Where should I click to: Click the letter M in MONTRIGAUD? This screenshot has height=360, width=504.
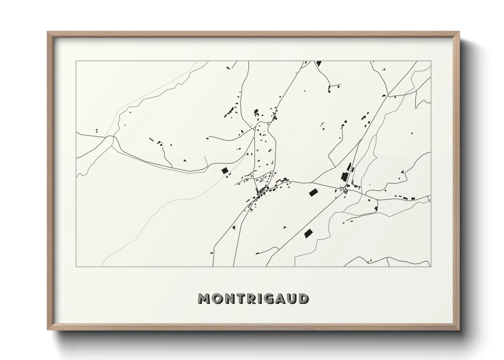[x=204, y=298]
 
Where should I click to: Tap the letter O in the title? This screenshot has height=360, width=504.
[x=217, y=298]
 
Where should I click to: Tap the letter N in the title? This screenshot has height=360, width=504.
[x=229, y=298]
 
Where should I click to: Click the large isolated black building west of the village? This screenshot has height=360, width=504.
[x=224, y=171]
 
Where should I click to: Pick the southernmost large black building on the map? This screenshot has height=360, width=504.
[x=308, y=233]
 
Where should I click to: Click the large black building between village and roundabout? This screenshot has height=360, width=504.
[x=313, y=193]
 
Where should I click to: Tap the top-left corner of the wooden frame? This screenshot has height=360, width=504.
[x=48, y=32]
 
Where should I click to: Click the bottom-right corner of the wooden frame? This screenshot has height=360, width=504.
[x=459, y=330]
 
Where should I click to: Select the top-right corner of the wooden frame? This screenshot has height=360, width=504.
[x=459, y=32]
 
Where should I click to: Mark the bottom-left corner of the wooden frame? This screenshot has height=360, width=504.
[x=48, y=330]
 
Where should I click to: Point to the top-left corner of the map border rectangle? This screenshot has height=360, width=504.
[x=76, y=61]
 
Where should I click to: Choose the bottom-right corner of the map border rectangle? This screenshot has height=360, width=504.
[x=431, y=266]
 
